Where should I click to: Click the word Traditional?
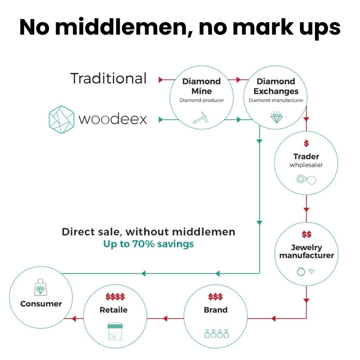[108, 78]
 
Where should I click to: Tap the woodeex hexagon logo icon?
[61, 118]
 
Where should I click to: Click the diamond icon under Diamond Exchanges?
[276, 117]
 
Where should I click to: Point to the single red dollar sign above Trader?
[306, 144]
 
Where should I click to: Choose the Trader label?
[306, 157]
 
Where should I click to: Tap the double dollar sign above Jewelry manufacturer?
[306, 235]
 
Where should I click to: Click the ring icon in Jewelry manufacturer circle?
[300, 272]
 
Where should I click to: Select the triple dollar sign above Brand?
[215, 297]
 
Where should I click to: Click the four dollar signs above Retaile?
[115, 297]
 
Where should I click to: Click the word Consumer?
[41, 304]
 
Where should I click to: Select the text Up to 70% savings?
[148, 244]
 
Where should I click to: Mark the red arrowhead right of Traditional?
[161, 80]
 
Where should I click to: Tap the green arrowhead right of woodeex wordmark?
[161, 120]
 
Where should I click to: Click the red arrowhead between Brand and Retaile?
[165, 318]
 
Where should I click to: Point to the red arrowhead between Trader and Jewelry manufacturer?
[306, 209]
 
